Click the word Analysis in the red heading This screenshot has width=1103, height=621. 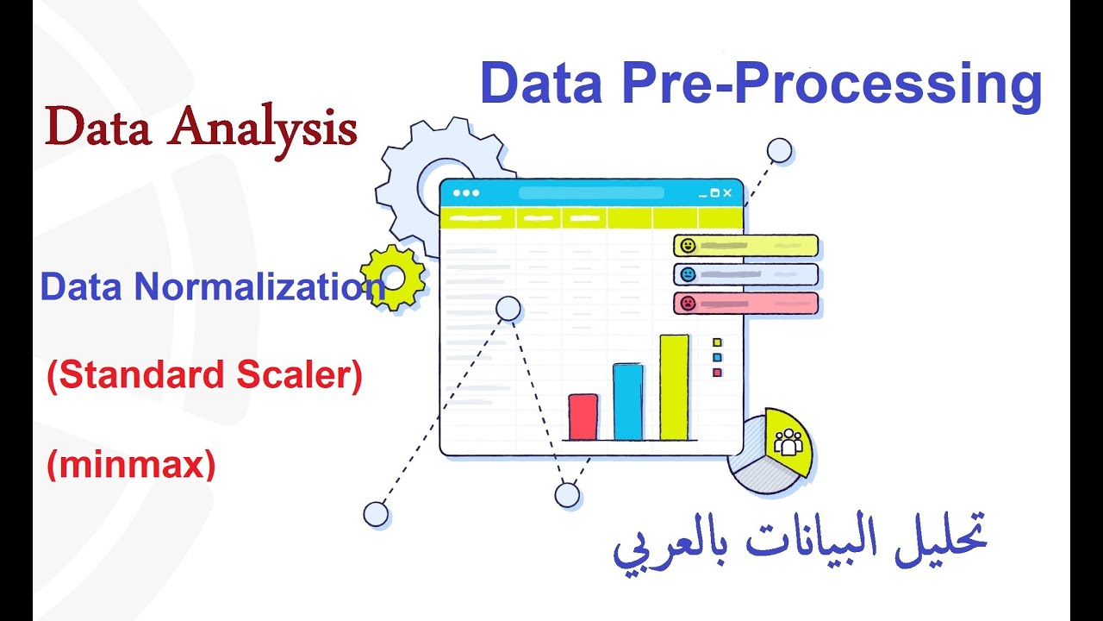point(264,129)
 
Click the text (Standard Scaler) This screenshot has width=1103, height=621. point(204,376)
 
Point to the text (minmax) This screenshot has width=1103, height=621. point(130,465)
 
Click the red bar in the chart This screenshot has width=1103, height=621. point(583,417)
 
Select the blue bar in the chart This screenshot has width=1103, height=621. point(628,402)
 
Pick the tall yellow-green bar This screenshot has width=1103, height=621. point(674,387)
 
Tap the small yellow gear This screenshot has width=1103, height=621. point(394,277)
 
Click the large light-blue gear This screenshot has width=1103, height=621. point(431,177)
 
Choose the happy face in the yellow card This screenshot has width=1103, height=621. point(688,246)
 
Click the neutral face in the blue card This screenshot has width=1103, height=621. point(688,274)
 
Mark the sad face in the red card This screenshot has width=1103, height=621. point(688,304)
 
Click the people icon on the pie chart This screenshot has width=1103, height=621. point(788,442)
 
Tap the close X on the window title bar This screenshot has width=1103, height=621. point(727,193)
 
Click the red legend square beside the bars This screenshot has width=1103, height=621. point(717,373)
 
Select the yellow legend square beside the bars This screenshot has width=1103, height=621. point(717,342)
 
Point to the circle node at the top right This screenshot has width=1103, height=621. point(780,151)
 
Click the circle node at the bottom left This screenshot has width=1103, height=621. point(376,514)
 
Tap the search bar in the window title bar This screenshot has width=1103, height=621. point(591,193)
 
